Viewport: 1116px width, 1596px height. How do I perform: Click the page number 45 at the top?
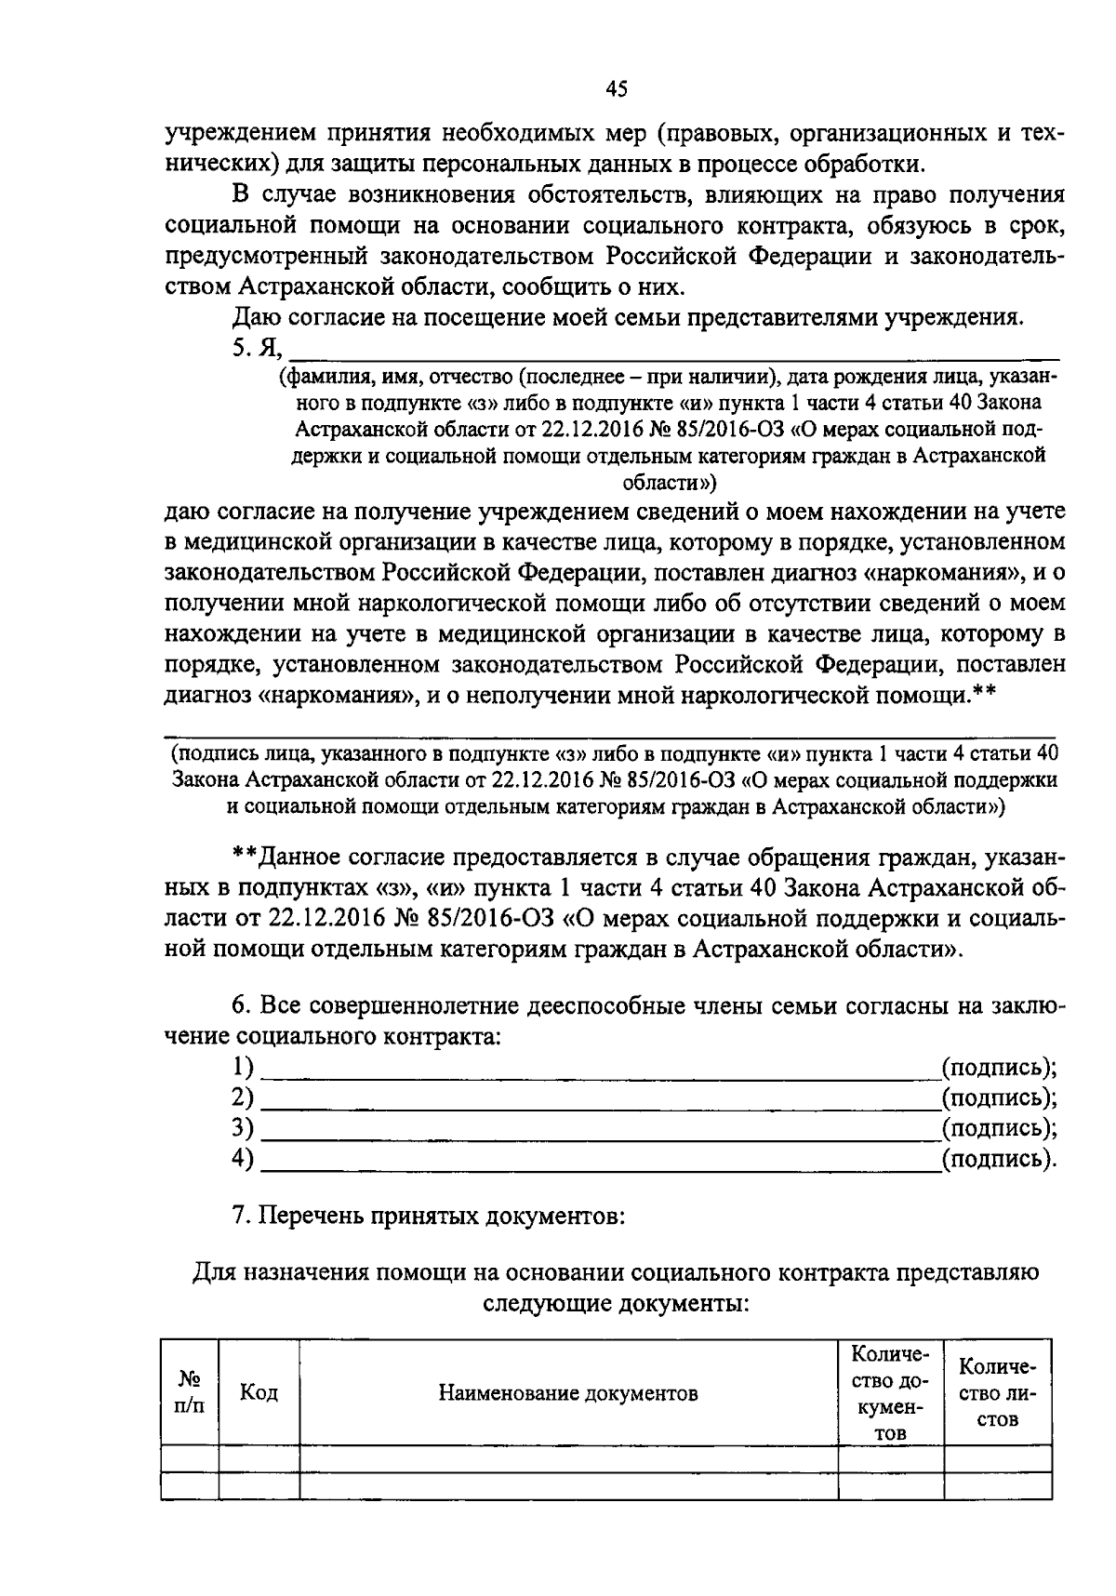pyautogui.click(x=617, y=89)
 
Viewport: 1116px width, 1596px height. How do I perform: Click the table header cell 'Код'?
pyautogui.click(x=259, y=1392)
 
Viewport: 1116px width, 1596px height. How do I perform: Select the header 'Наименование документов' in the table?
pyautogui.click(x=568, y=1392)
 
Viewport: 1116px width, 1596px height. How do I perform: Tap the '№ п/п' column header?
pyautogui.click(x=190, y=1392)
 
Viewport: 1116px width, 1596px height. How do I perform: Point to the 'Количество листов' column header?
pyautogui.click(x=997, y=1392)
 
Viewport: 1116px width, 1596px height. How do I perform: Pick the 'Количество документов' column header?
pyautogui.click(x=890, y=1392)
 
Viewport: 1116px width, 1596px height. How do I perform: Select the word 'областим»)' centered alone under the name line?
pyautogui.click(x=669, y=483)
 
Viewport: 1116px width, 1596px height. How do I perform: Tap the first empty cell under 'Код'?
pyautogui.click(x=259, y=1458)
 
